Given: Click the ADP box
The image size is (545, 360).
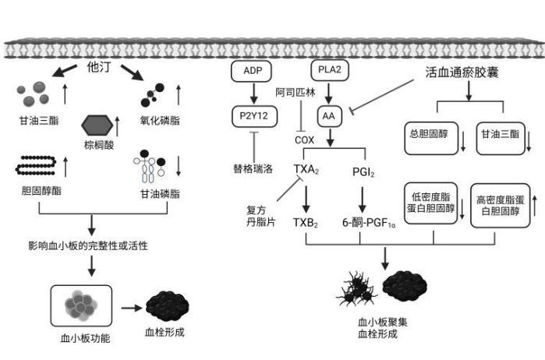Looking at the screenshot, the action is [251, 71].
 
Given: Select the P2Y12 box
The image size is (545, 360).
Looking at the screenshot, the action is [254, 116].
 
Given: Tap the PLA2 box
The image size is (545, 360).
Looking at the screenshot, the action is [330, 70].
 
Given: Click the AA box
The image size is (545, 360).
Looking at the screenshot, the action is [330, 116].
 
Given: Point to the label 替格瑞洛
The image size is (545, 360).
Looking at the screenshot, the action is [253, 169].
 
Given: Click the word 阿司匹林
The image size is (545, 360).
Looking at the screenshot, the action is [296, 93].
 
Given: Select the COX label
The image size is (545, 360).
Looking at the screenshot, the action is [304, 140].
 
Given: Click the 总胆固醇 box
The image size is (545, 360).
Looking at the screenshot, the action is [431, 138].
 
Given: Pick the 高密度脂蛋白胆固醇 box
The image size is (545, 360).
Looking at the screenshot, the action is [500, 206].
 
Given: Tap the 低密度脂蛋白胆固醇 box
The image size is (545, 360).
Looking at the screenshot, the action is [430, 203].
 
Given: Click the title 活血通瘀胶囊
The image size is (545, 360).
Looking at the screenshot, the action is [462, 72].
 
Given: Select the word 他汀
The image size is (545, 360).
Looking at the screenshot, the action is [99, 67].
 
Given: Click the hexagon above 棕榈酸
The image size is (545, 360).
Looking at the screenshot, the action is [97, 125].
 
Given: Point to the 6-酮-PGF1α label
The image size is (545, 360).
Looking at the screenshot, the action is [369, 223].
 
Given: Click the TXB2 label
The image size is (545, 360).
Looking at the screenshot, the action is [306, 223].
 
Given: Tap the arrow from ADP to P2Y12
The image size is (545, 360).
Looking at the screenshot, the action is [253, 94].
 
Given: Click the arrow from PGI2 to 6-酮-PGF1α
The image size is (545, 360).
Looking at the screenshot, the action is [363, 199].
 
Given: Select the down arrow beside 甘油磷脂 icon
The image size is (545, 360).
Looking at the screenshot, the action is [179, 166].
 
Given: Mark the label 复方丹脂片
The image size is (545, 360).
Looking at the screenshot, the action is [260, 216].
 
